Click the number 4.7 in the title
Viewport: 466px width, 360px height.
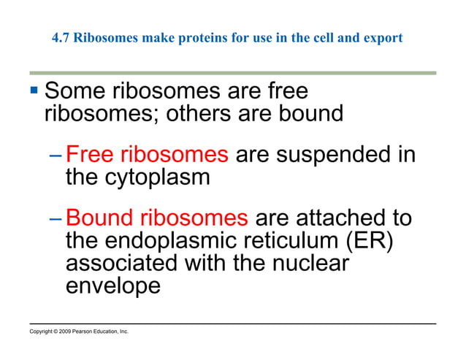pos(62,38)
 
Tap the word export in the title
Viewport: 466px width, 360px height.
pos(384,38)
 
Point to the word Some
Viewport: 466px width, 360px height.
pos(76,93)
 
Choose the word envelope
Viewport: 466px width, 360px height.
pos(112,285)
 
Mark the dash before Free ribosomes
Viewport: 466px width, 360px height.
pos(58,156)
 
